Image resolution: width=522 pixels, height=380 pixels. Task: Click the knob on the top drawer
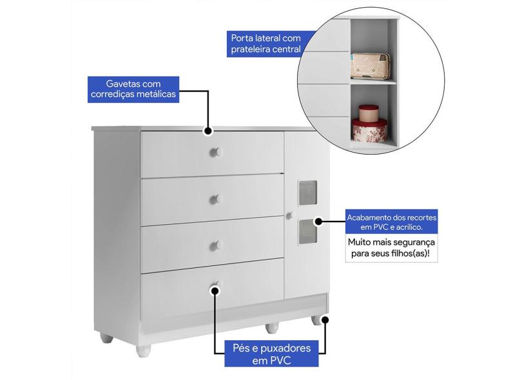[x=216, y=153]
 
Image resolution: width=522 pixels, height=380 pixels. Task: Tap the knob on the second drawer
[x=216, y=199]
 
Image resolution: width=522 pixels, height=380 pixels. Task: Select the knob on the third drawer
[x=216, y=246]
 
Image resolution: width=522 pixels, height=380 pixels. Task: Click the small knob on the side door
[x=289, y=216]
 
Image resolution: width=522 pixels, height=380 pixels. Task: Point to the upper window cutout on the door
[x=307, y=193]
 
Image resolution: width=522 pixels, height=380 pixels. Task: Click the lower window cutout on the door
[x=307, y=232]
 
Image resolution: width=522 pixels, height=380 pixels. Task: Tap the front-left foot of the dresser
[x=144, y=351]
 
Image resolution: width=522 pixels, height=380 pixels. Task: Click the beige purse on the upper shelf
[x=370, y=66]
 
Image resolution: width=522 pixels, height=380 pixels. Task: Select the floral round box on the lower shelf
[x=369, y=131]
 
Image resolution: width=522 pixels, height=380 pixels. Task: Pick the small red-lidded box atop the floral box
[x=369, y=113]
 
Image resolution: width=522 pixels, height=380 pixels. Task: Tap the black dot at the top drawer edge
[x=208, y=131]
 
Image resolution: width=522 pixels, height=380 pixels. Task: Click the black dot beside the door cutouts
[x=318, y=222]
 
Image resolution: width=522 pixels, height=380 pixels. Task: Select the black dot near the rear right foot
[x=325, y=320]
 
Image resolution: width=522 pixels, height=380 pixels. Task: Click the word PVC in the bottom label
[x=280, y=361]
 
